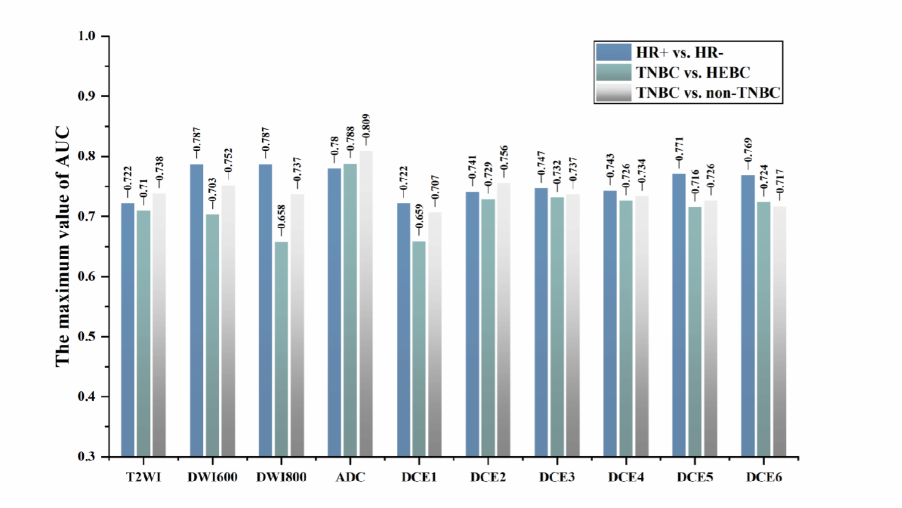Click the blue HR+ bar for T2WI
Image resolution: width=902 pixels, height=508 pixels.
[x=128, y=329]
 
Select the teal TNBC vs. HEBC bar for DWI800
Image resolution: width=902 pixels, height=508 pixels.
[x=281, y=349]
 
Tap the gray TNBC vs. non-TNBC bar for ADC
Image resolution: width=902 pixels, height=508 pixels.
[x=366, y=303]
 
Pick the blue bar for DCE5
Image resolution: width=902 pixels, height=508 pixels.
[x=679, y=315]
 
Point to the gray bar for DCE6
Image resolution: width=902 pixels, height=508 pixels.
[x=779, y=331]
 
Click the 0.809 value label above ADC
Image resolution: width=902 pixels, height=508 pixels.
[x=366, y=127]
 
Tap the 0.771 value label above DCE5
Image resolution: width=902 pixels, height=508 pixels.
[x=679, y=149]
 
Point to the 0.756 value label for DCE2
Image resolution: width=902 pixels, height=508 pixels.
[x=504, y=158]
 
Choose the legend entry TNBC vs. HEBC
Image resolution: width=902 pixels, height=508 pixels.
[x=673, y=73]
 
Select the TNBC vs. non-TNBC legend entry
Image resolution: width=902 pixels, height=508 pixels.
[x=688, y=92]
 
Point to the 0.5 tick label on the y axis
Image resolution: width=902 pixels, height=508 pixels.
[x=87, y=336]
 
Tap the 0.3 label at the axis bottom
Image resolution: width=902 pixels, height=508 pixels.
[x=87, y=457]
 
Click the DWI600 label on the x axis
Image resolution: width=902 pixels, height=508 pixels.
[x=212, y=477]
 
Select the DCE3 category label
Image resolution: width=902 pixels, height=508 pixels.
[x=557, y=477]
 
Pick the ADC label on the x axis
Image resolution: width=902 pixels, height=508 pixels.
[x=350, y=477]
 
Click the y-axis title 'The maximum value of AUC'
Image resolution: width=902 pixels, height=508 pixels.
[x=62, y=247]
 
